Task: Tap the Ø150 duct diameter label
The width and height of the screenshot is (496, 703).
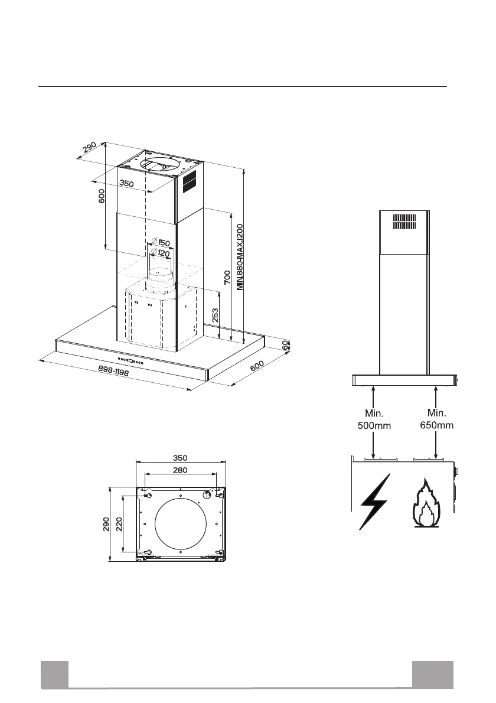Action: [160, 243]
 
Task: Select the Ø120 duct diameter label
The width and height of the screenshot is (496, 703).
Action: [160, 253]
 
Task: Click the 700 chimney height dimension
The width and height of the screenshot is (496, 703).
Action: [227, 277]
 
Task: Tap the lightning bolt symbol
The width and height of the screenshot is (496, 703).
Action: [374, 502]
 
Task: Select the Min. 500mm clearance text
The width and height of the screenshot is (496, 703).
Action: [374, 419]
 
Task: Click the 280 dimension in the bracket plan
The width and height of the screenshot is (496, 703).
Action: [181, 470]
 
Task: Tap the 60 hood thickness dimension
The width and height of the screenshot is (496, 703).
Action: [286, 345]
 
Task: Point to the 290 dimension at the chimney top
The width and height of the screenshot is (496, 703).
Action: [90, 148]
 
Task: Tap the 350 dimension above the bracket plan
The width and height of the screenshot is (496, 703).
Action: [181, 457]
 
